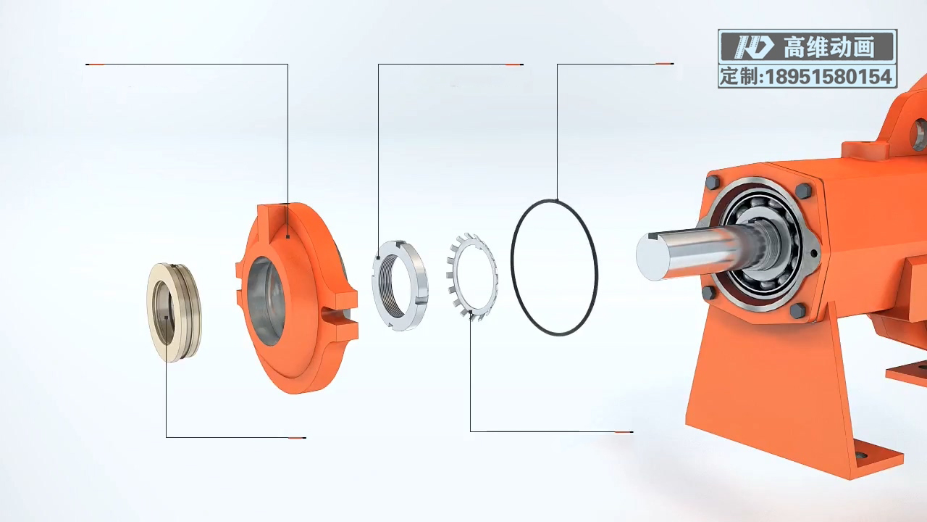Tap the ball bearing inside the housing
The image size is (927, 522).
761,245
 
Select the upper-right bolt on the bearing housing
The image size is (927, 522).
804,191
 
